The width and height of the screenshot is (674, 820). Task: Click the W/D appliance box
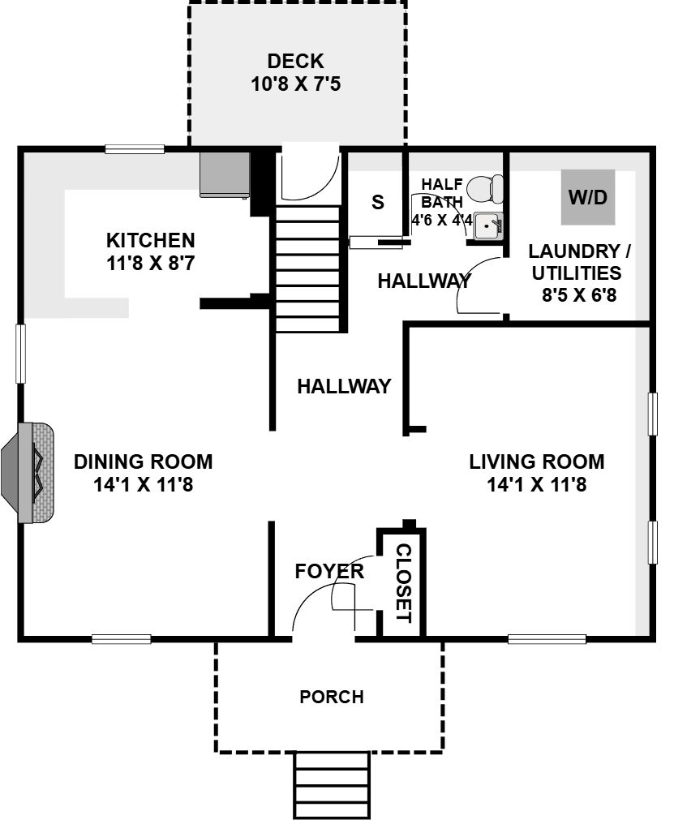pos(588,197)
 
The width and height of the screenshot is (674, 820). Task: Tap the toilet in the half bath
pos(485,189)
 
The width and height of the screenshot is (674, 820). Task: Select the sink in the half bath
pos(487,226)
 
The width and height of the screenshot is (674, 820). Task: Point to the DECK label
pos(295,61)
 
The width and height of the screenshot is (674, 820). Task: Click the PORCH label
pos(332,697)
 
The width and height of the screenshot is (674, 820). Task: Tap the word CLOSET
pos(404,583)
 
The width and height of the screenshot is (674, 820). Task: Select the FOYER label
pos(329,571)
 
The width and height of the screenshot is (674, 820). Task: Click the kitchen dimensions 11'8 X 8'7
pos(151,263)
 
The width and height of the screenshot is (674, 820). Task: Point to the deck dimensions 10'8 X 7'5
pos(296,84)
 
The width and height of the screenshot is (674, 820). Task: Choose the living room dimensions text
pos(536,484)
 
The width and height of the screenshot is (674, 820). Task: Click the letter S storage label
pos(377,202)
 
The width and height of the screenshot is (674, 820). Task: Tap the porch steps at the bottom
pos(332,785)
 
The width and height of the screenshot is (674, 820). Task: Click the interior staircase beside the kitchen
pos(308,268)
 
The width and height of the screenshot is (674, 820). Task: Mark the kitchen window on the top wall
pos(135,149)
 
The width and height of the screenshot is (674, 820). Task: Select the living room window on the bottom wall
pos(547,638)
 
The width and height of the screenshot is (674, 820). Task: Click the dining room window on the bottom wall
pos(122,638)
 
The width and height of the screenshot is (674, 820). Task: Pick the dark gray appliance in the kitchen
pos(225,175)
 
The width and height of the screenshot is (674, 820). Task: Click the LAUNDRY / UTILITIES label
pos(578,262)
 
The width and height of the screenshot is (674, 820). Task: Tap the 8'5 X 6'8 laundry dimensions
pos(579,295)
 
